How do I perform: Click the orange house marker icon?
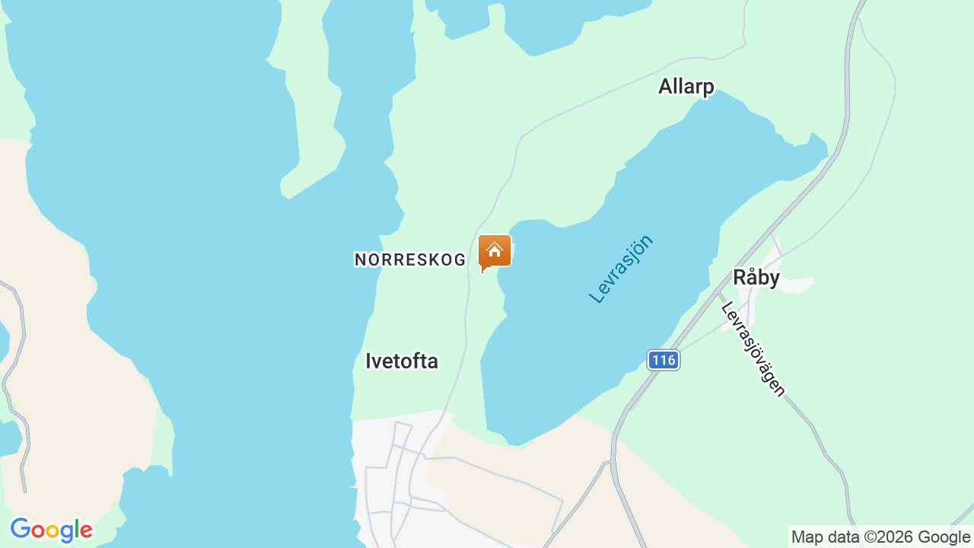pos(495,251)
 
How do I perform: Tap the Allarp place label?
pos(686,87)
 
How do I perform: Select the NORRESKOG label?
pos(410,260)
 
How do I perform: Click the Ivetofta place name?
pos(402,361)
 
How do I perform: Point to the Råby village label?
pos(756,278)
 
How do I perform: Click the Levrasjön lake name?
pos(622,269)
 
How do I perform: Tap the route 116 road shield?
pos(664,360)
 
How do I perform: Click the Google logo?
pos(51,530)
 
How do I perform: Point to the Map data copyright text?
pos(880,537)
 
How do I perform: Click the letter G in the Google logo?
pos(20,529)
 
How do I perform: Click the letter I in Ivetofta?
pos(369,361)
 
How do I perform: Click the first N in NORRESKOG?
pos(360,260)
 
